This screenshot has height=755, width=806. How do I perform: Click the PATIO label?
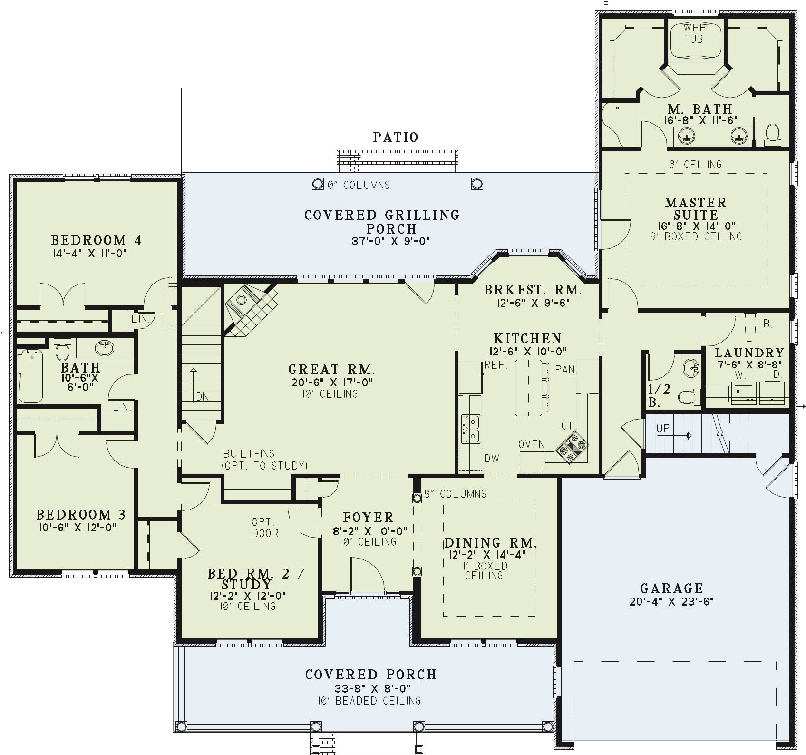click(x=395, y=137)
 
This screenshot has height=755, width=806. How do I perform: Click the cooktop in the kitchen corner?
click(x=573, y=447)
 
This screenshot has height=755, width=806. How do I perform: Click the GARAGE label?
click(x=671, y=589)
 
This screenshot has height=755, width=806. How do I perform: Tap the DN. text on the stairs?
click(x=204, y=396)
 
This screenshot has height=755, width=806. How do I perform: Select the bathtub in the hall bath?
click(x=31, y=376)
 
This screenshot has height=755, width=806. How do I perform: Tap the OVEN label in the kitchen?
click(x=532, y=444)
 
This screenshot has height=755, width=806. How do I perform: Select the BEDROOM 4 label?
click(x=96, y=240)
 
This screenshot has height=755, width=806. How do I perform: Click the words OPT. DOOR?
click(x=265, y=528)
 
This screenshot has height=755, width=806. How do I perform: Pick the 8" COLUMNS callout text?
click(x=455, y=494)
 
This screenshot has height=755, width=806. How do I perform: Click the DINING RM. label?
click(x=490, y=543)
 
